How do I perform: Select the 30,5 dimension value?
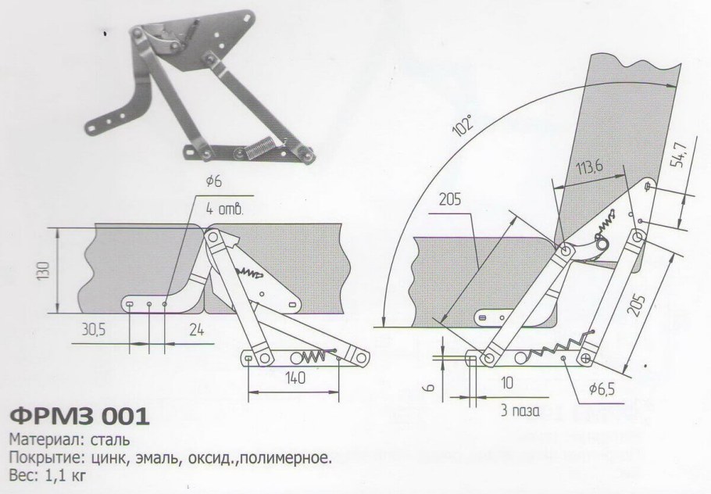[x=94, y=331]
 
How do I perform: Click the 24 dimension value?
[x=195, y=331]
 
